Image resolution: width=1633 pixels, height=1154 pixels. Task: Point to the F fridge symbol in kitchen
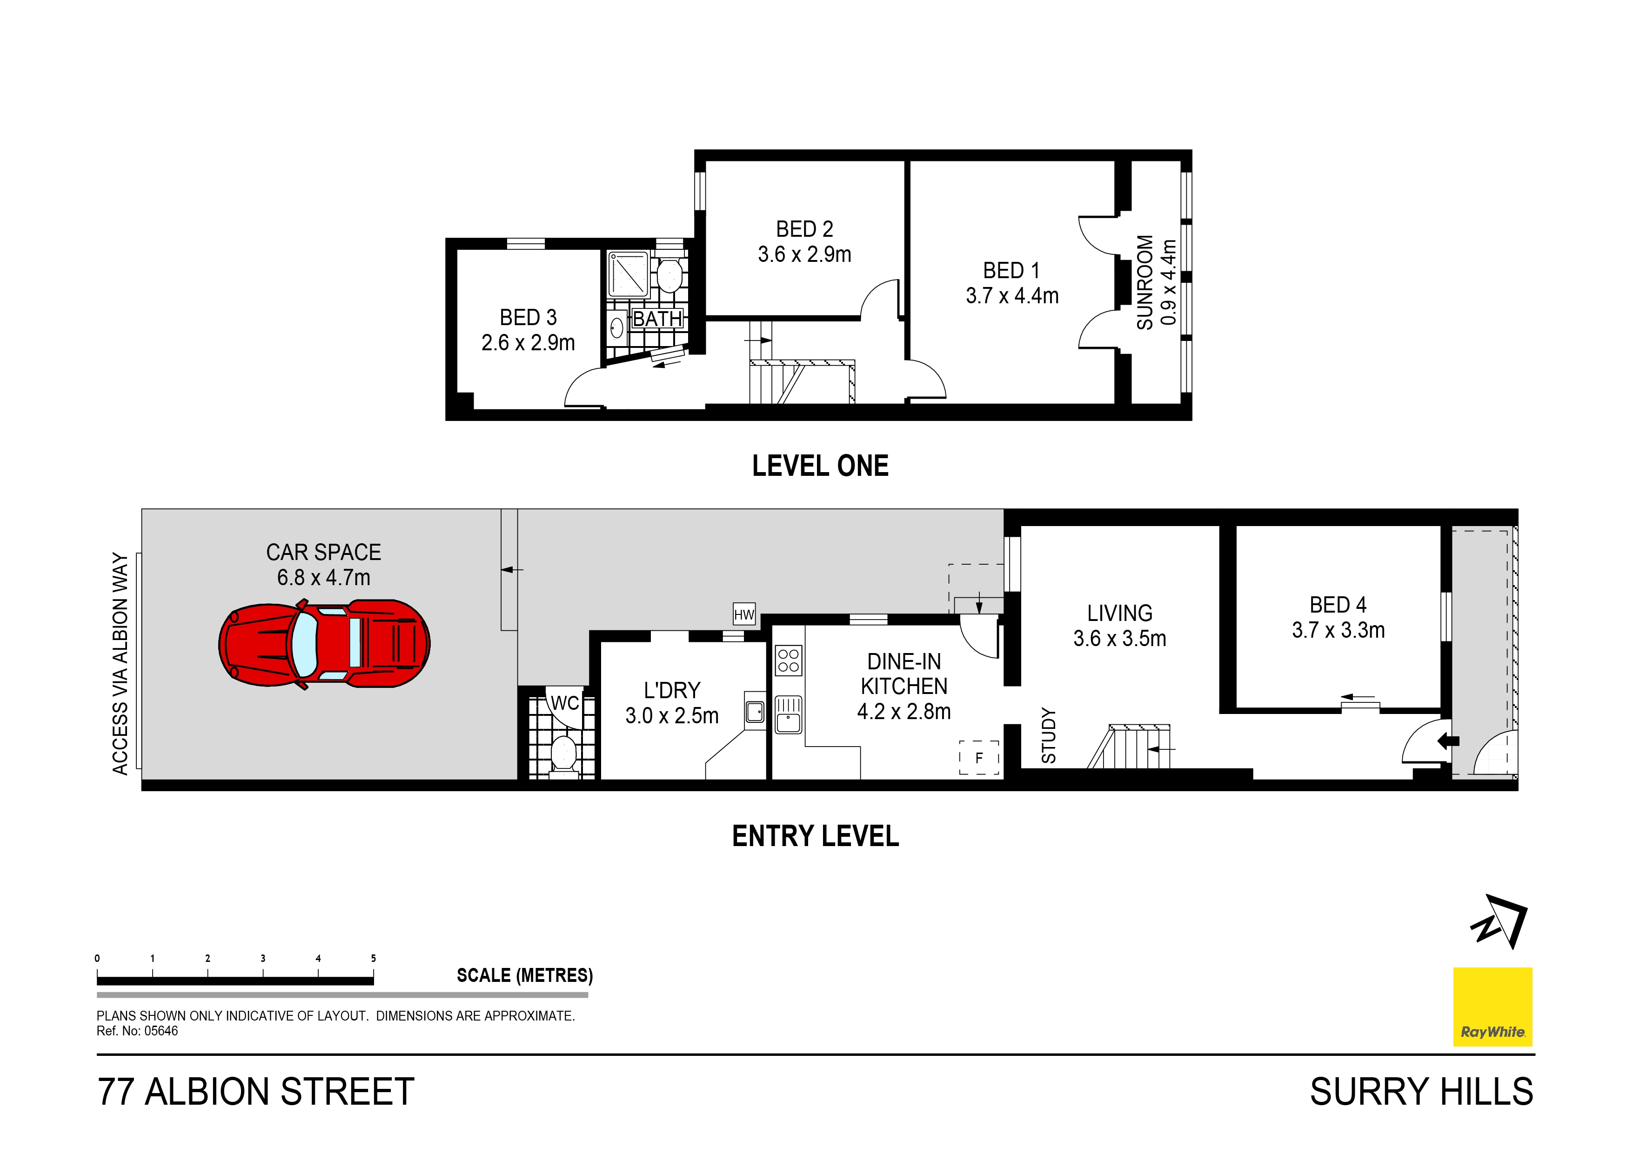[979, 758]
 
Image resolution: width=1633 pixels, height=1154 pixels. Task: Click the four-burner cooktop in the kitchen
[788, 660]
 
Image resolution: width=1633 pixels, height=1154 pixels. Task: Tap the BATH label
[657, 319]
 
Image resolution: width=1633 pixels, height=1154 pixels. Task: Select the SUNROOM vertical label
[1144, 282]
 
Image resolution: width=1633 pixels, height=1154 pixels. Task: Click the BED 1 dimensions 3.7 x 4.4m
[1011, 296]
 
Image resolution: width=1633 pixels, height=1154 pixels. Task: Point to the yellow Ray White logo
[1492, 1006]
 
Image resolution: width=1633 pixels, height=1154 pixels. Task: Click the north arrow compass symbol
[1499, 922]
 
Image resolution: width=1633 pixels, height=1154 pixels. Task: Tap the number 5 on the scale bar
[374, 959]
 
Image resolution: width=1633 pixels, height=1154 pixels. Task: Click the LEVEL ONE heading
[820, 467]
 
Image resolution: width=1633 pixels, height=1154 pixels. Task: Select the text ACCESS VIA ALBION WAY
[120, 663]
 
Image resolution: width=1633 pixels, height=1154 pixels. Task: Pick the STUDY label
[1048, 736]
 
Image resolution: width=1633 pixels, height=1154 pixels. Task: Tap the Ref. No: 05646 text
[137, 1031]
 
